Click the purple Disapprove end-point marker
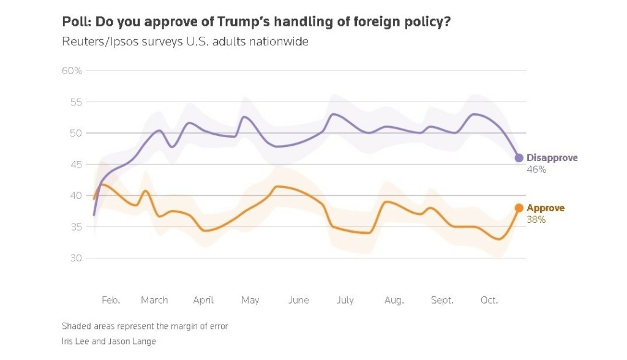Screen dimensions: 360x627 click(x=519, y=158)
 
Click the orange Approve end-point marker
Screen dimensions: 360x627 click(x=519, y=208)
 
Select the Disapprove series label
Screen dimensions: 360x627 click(x=552, y=158)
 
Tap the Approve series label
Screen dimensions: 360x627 click(x=546, y=208)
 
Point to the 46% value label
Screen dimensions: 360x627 click(x=536, y=170)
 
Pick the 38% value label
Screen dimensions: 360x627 click(x=536, y=220)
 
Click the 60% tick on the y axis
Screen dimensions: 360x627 click(x=72, y=71)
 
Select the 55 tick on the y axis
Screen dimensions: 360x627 click(x=75, y=102)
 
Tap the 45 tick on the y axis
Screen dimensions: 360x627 click(x=75, y=165)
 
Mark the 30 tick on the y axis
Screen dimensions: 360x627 click(x=75, y=258)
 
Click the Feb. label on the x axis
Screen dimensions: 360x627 click(x=111, y=301)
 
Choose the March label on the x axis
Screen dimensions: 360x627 click(x=154, y=301)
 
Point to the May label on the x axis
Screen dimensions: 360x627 click(x=250, y=301)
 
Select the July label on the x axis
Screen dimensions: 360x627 click(x=345, y=301)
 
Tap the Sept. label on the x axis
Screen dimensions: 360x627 click(x=442, y=301)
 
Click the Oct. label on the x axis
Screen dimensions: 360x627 click(x=489, y=301)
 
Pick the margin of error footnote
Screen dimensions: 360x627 click(x=145, y=326)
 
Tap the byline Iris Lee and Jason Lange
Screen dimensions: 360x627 click(x=109, y=342)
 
